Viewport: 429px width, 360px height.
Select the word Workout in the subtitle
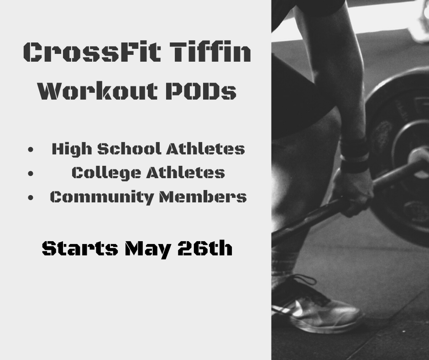(x=98, y=90)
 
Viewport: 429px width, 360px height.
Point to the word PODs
(x=201, y=90)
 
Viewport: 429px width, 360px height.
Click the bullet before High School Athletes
(x=31, y=149)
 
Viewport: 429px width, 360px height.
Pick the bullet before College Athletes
(x=31, y=174)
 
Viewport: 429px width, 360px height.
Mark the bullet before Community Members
(x=31, y=197)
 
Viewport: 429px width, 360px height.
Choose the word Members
(x=203, y=197)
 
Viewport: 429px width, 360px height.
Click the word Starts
(x=80, y=248)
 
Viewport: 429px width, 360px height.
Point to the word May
(x=146, y=249)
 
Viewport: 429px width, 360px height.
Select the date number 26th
(x=205, y=248)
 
